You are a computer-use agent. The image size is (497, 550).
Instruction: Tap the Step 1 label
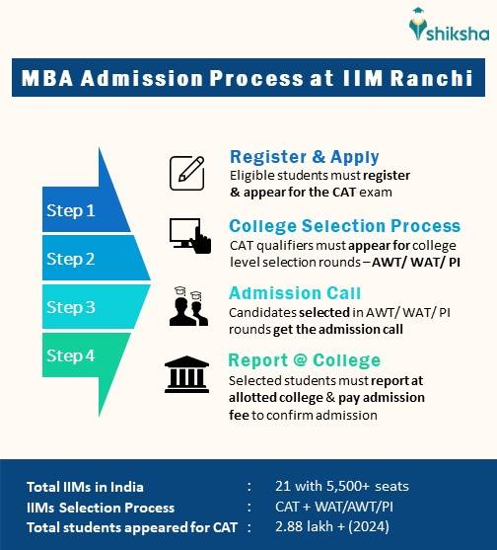pos(72,210)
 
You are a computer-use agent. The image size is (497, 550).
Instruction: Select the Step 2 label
pos(72,259)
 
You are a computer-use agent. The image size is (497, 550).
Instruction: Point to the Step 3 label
pos(72,307)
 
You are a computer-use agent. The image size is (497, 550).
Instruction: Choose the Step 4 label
pos(72,355)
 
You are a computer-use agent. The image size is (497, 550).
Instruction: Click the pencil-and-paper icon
pos(187,173)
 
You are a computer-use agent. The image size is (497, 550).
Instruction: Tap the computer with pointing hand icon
pos(188,236)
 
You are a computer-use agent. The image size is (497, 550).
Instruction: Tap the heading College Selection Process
pos(344,225)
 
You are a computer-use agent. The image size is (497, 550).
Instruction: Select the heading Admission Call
pos(295,293)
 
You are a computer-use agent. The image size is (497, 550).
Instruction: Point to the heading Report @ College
pos(304,359)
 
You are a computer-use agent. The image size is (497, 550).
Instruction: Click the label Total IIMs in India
pos(86,487)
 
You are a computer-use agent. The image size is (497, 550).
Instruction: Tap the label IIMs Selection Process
pos(102,507)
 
